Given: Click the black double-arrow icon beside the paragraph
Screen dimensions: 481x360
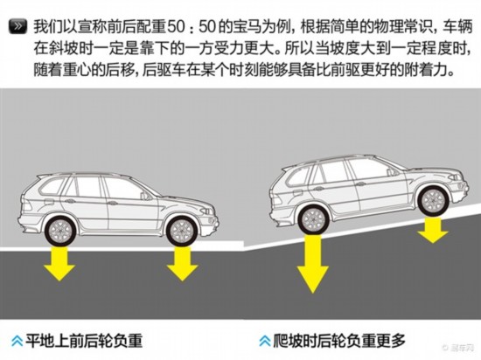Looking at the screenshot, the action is tap(17, 26).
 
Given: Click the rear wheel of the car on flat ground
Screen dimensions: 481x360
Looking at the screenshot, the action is tap(60, 231).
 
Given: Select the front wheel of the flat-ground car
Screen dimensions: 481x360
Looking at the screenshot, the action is tap(182, 231).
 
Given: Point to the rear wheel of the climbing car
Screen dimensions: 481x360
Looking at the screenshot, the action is tap(313, 219).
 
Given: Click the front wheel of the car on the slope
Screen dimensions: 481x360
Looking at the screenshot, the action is tap(433, 201).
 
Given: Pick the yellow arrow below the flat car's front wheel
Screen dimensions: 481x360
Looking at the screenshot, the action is tap(182, 264).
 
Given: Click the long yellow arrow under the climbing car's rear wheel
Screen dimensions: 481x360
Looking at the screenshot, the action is tap(312, 264).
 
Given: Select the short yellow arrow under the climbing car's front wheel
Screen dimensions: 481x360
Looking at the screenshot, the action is tap(433, 230).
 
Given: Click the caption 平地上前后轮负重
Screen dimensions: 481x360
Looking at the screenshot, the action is tap(84, 341).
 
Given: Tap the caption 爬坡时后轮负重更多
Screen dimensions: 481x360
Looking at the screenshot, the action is tap(339, 340).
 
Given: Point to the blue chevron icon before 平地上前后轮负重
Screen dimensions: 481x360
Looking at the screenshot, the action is tap(17, 341).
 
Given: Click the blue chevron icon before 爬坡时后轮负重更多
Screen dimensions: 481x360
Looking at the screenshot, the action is tap(264, 341).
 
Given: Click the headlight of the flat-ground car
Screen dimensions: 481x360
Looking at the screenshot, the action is tap(206, 211).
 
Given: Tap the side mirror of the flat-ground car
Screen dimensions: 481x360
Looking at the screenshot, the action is tap(144, 196).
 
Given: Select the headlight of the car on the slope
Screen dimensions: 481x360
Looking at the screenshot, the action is tap(455, 177).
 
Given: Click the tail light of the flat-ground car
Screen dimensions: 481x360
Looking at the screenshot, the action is tap(26, 204).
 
